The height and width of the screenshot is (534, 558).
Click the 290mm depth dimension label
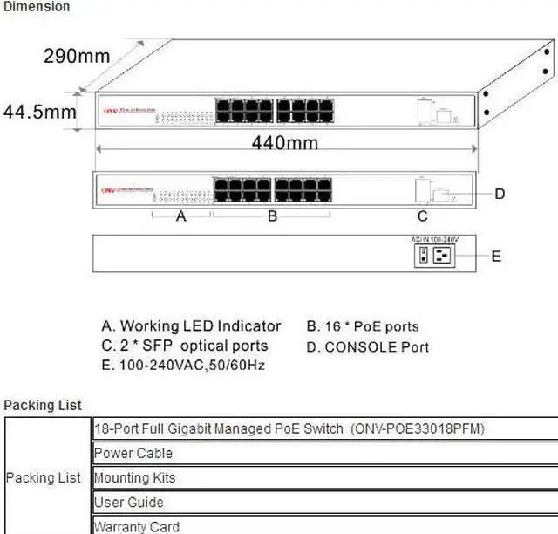coord(77,57)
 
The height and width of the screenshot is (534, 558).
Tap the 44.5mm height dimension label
coord(39,113)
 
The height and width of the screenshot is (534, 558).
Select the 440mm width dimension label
coord(284,142)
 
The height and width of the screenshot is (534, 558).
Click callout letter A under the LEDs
coord(181,216)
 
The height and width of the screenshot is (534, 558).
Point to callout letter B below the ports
coord(272,216)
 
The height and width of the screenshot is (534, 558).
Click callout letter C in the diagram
coord(422,216)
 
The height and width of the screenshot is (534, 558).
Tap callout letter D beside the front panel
coord(500,194)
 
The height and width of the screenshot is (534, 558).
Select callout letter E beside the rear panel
coord(496,256)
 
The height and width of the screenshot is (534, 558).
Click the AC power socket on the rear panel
coord(442,254)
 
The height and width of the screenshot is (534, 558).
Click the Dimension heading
coord(37,7)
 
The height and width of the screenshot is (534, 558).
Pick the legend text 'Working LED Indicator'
coord(201,326)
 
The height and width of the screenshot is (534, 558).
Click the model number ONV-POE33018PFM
coord(418,428)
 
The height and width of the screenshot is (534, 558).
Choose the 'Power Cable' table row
coord(133,453)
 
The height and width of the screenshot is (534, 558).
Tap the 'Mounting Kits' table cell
coord(134,477)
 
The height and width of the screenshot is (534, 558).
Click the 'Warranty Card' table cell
coord(136,526)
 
